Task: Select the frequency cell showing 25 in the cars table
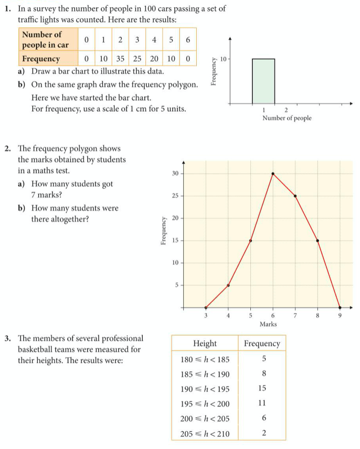(137, 59)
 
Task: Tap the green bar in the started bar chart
(263, 81)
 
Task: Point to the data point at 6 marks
(273, 174)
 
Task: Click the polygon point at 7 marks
(295, 196)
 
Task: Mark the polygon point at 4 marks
(228, 285)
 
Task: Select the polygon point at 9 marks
(340, 307)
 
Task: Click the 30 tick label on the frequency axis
(175, 174)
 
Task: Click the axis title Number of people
(287, 118)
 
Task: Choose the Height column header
(205, 344)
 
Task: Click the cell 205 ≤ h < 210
(205, 433)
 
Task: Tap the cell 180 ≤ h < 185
(205, 359)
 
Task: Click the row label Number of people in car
(45, 39)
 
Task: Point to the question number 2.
(6, 148)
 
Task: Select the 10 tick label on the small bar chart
(223, 59)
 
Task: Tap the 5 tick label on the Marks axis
(250, 315)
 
